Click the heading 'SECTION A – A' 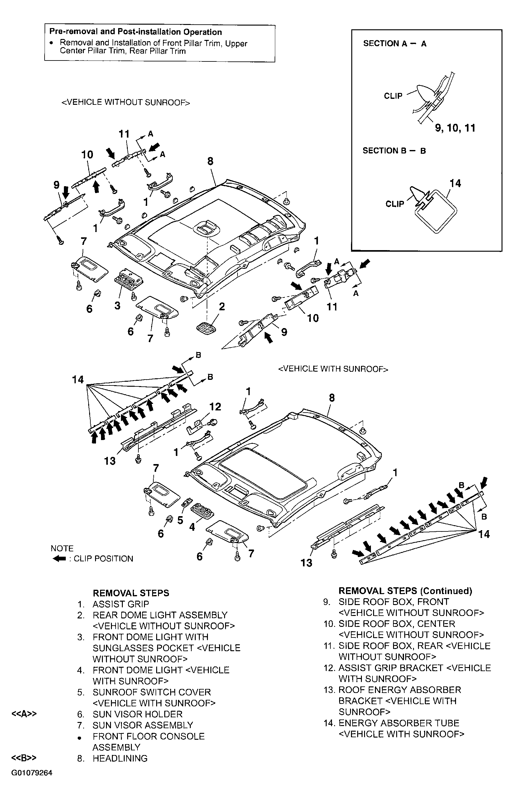click(x=395, y=43)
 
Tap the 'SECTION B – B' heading click(x=394, y=151)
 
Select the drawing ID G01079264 click(x=32, y=773)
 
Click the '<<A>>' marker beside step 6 click(x=24, y=714)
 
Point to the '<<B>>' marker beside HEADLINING click(x=24, y=758)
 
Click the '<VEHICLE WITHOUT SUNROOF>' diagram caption click(x=126, y=102)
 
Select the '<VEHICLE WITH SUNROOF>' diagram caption click(x=333, y=369)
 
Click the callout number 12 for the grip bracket click(x=215, y=407)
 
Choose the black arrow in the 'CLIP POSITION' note click(x=59, y=559)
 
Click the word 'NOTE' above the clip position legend click(x=62, y=548)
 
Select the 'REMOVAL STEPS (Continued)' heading click(x=405, y=591)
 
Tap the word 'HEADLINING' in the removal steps click(x=120, y=758)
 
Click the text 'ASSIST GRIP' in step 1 click(x=121, y=604)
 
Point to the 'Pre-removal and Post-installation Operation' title click(x=136, y=32)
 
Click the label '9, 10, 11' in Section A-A click(x=455, y=128)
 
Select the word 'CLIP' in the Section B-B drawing click(x=395, y=204)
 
